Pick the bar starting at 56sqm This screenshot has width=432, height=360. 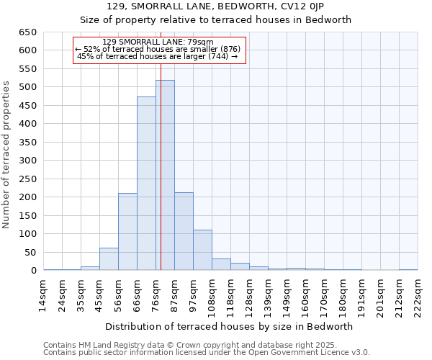click(127, 231)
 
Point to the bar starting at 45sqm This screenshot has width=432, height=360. click(109, 259)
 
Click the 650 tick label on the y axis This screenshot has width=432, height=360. click(27, 32)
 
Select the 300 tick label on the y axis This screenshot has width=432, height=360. click(27, 161)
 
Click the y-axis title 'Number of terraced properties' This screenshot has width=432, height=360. click(7, 154)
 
